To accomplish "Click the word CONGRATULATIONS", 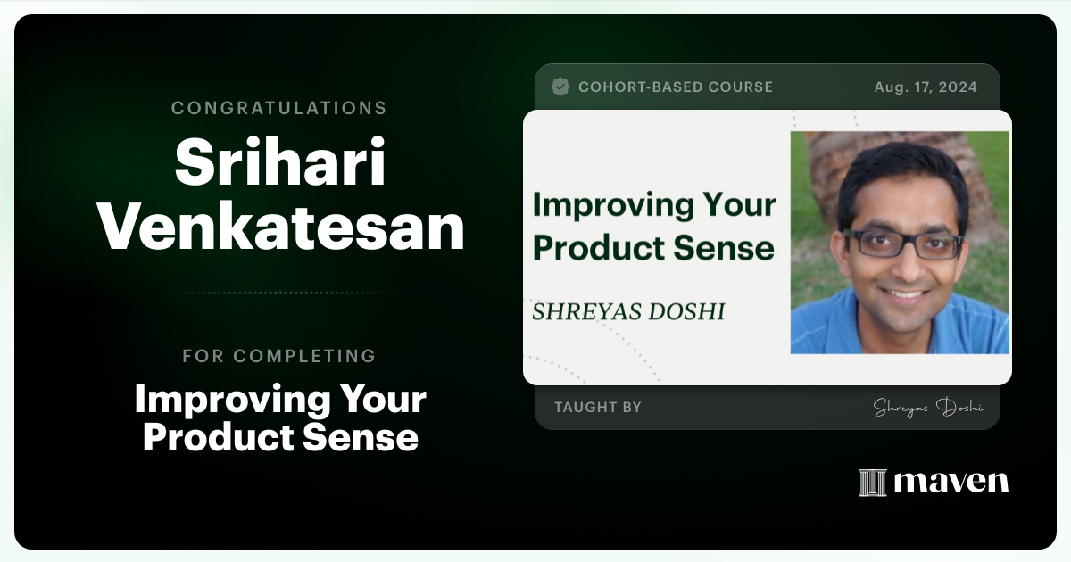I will point(278,108).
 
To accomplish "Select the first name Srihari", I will point(280,164).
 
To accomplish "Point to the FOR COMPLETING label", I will point(278,356).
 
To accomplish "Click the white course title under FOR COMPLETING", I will point(280,418).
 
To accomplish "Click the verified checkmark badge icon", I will point(560,87).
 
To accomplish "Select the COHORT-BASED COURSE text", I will point(675,87).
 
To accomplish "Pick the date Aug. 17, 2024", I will point(926,87).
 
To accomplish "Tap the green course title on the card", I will point(653,227).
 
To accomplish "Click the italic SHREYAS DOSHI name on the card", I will point(628,311).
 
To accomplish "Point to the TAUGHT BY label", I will point(597,407).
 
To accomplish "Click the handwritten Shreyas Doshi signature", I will point(928,407).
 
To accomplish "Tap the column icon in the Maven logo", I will point(872,483).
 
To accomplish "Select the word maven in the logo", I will point(951,483).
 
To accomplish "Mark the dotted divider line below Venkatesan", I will point(280,293).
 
